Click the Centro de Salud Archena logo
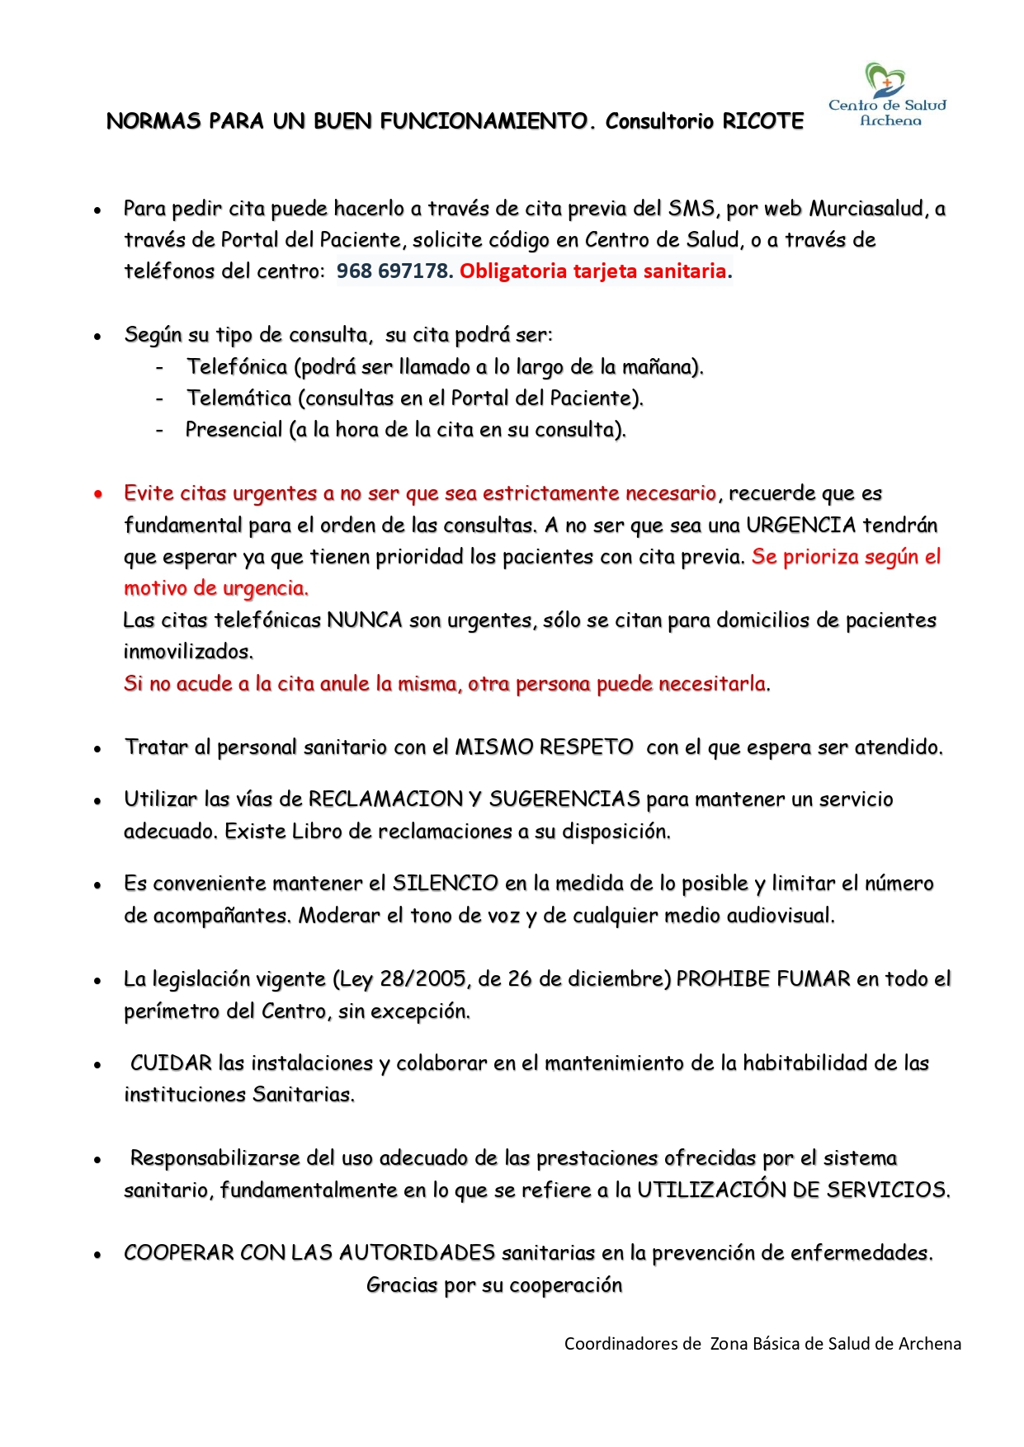point(887,96)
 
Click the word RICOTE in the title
point(762,121)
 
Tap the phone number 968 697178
point(392,271)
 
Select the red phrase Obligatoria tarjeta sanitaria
point(593,271)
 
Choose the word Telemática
point(239,398)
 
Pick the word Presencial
point(234,429)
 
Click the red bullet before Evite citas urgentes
point(98,494)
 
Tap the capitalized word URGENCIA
point(800,525)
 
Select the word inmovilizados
point(188,651)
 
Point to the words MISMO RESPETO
point(544,747)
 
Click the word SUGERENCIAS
point(564,799)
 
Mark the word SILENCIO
point(445,883)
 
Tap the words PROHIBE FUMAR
point(762,978)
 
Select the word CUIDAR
point(171,1063)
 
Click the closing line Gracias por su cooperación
point(494,1284)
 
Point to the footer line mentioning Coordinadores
point(762,1343)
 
